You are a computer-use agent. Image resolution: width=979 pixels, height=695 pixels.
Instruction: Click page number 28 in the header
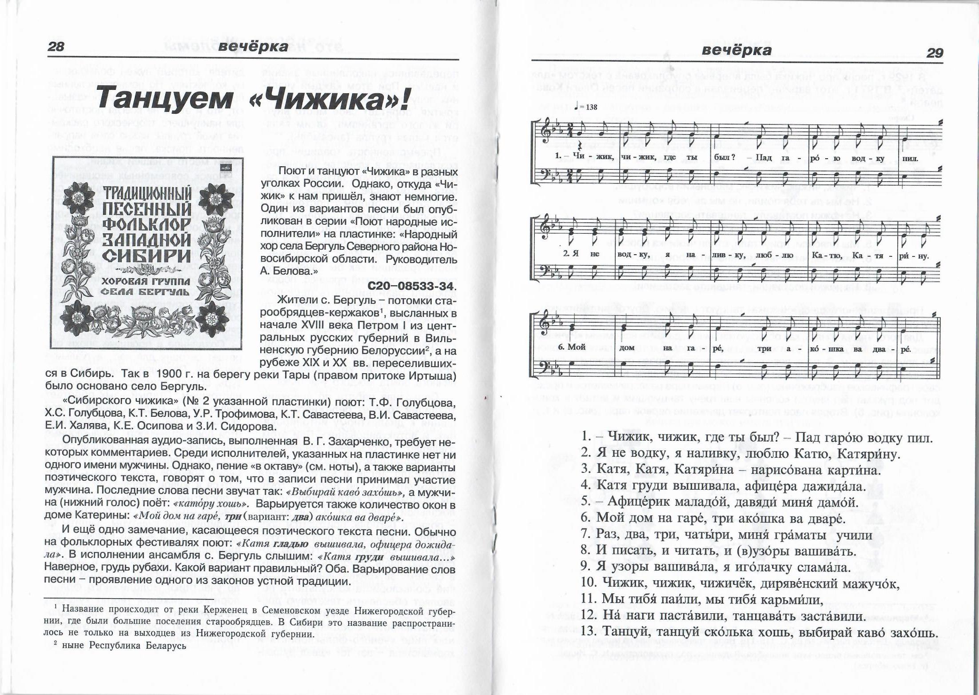(56, 46)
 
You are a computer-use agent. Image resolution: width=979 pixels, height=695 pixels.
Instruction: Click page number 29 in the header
(934, 53)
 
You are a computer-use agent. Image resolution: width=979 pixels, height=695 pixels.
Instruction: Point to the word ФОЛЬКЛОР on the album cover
(147, 225)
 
